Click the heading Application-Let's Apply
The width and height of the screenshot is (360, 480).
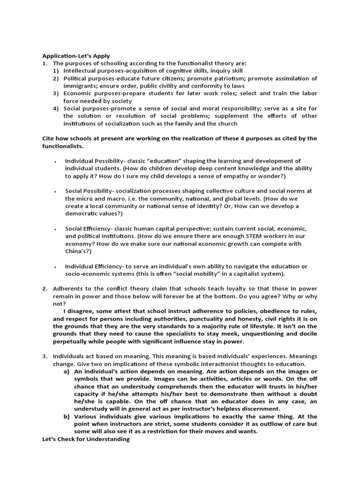[76, 55]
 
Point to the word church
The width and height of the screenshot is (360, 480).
[226, 124]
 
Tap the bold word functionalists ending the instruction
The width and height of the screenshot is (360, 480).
[63, 146]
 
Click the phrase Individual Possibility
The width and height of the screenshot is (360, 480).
[92, 161]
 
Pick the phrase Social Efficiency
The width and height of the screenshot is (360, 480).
[86, 229]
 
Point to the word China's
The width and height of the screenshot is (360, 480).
[77, 251]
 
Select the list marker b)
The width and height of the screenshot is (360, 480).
[66, 416]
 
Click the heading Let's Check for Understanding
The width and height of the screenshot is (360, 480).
[86, 439]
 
